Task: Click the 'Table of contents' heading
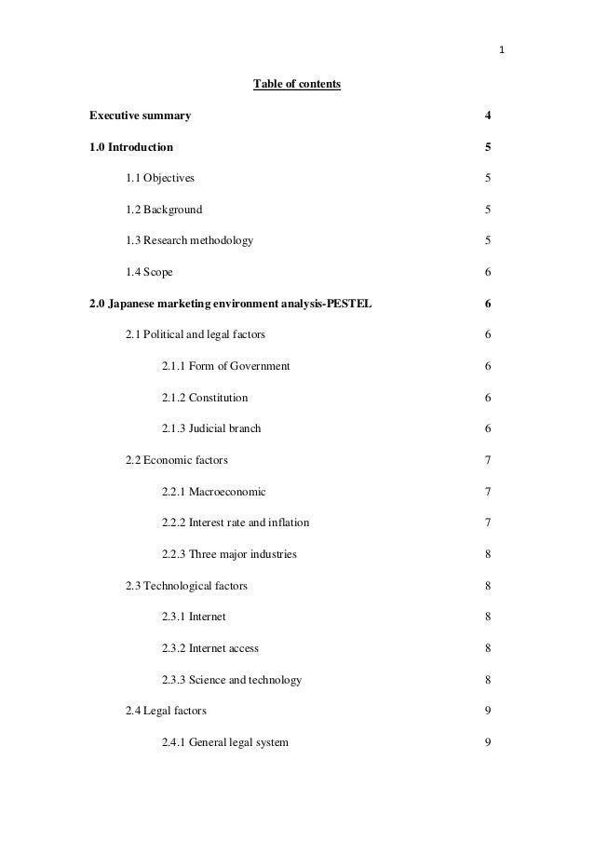tap(297, 86)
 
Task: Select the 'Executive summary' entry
tap(140, 116)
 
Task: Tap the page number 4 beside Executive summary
tap(488, 116)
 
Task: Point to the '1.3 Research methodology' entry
tap(189, 241)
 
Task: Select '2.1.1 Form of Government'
tap(225, 366)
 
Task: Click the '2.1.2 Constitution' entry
tap(205, 398)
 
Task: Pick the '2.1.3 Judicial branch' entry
tap(211, 428)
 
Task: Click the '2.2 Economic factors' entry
tap(176, 460)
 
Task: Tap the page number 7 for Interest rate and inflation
tap(488, 522)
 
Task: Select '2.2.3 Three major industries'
tap(229, 554)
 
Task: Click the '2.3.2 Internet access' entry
tap(210, 648)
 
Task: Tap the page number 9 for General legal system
tap(488, 742)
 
